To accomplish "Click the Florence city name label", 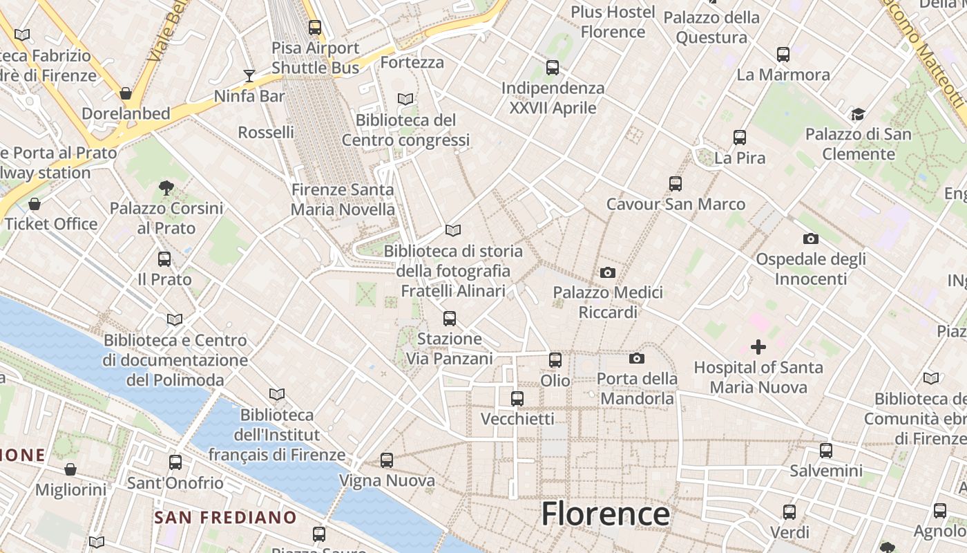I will coord(605,514).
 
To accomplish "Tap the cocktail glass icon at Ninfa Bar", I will coord(249,75).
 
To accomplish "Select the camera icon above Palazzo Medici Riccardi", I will coord(608,272).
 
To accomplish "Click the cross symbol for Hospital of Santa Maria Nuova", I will coord(758,347).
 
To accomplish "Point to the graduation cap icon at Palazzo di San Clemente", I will coord(858,114).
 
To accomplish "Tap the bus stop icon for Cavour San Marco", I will coord(676,184).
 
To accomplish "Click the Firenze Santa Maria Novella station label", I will coord(343,199).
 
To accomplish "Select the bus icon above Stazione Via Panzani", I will coord(450,319).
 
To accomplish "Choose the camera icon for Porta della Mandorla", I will coord(636,358).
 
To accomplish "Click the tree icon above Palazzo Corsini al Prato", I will coord(166,187).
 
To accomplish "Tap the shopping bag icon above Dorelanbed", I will coord(126,93).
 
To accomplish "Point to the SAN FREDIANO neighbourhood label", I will coord(225,517).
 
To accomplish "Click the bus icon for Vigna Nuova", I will coord(387,460).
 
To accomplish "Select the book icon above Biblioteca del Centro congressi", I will coord(405,100).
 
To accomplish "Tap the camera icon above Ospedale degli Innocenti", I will coord(811,239).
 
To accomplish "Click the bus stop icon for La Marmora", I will coord(783,55).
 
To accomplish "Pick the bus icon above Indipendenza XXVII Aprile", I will coord(553,68).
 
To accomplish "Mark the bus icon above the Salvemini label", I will coord(826,451).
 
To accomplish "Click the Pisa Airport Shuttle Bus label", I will coord(316,57).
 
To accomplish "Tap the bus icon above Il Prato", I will coord(164,259).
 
